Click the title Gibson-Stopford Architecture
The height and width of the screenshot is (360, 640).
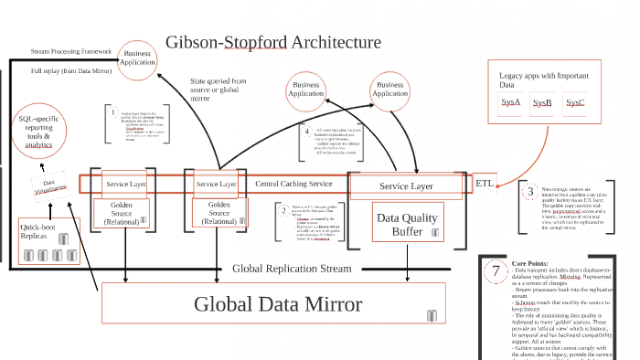click(272, 42)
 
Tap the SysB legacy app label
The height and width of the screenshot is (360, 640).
click(542, 102)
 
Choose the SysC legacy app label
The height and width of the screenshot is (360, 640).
click(575, 102)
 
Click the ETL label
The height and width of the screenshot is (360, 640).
click(485, 183)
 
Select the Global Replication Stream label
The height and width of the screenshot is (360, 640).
click(292, 268)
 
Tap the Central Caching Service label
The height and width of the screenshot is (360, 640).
click(293, 184)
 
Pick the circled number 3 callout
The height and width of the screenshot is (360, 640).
click(529, 192)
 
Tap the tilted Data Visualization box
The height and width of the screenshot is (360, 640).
click(51, 186)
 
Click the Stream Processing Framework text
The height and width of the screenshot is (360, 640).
click(71, 52)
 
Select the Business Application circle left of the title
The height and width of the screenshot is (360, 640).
click(136, 58)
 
